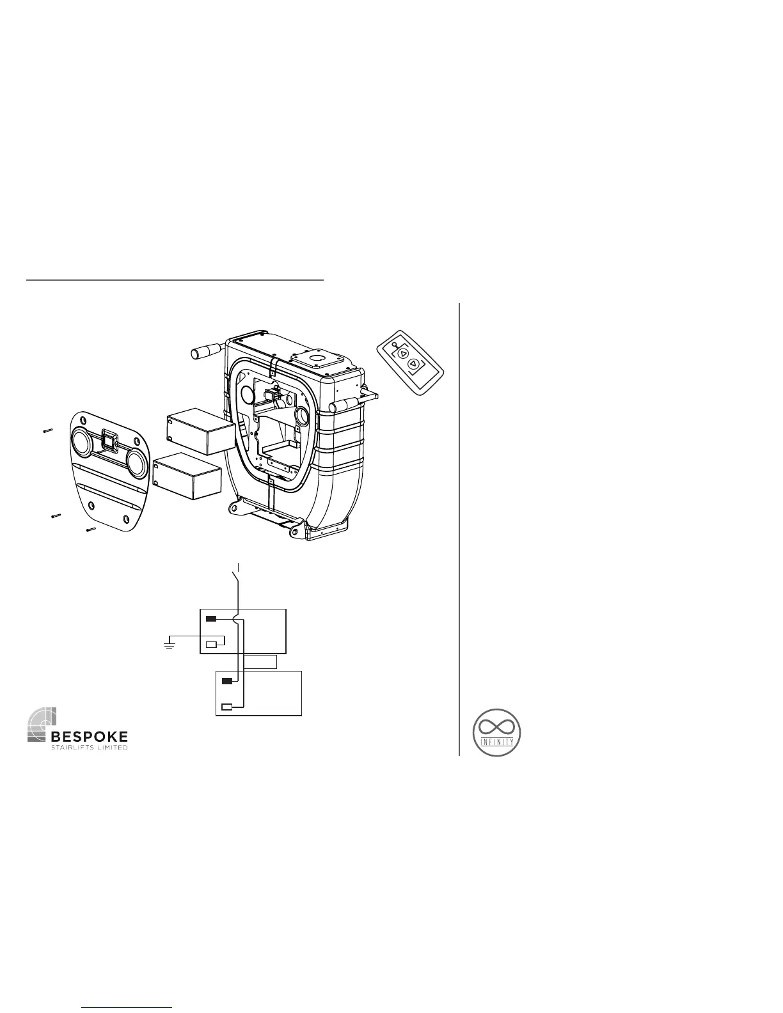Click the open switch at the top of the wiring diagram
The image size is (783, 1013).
(x=237, y=578)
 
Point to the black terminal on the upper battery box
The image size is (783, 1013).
(x=211, y=618)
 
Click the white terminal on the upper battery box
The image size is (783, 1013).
(x=211, y=643)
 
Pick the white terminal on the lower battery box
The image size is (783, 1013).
(x=226, y=707)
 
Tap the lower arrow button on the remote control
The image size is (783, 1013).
(x=414, y=365)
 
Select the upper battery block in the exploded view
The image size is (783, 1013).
(x=200, y=432)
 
